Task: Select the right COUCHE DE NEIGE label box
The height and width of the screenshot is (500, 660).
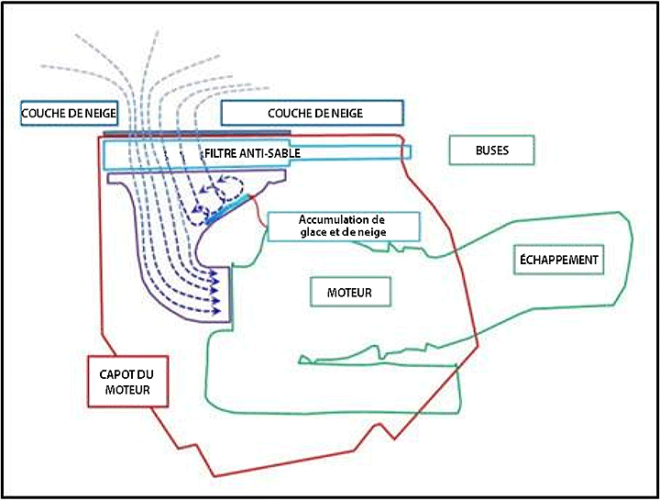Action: click(x=312, y=112)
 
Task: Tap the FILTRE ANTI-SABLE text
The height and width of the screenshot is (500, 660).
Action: click(x=252, y=152)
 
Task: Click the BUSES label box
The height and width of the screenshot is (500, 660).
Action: click(x=491, y=150)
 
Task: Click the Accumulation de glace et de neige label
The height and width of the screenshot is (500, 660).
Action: click(x=344, y=227)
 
